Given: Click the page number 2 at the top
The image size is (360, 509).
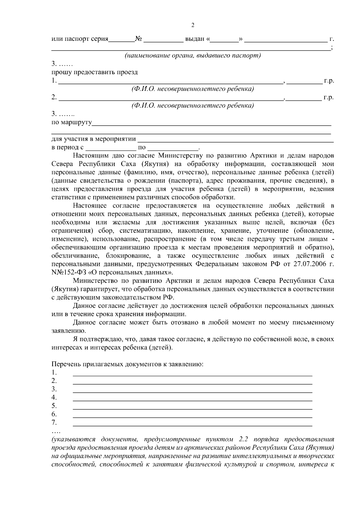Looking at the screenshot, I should click(x=193, y=25).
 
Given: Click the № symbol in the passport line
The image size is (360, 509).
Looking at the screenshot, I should click(x=139, y=39).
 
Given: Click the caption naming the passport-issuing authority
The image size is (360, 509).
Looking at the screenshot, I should click(x=193, y=56).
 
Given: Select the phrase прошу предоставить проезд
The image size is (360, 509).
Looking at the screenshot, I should click(x=95, y=72).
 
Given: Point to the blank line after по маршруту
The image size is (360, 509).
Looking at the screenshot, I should click(x=211, y=123).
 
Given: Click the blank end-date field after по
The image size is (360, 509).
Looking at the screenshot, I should click(x=173, y=148).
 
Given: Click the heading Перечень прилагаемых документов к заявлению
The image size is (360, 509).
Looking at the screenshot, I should click(x=127, y=364).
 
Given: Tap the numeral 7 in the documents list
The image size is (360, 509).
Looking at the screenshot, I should click(x=54, y=423).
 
